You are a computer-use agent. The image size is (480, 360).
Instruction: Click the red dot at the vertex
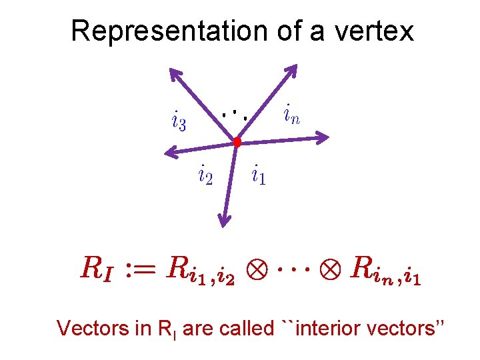(x=237, y=141)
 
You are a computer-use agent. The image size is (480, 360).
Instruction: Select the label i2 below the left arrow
(x=205, y=176)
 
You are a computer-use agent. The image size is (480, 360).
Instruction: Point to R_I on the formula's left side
(x=97, y=269)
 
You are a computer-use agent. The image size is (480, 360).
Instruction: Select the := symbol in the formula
(x=142, y=269)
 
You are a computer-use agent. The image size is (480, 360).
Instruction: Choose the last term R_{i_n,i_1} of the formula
(x=385, y=270)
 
